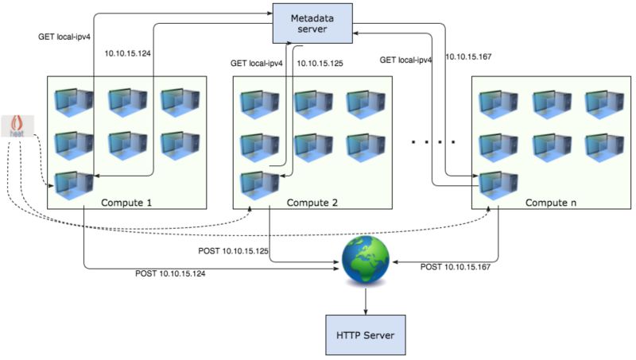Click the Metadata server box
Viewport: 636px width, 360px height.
pyautogui.click(x=312, y=23)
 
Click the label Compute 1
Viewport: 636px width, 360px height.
pyautogui.click(x=126, y=203)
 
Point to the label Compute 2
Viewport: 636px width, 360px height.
pyautogui.click(x=311, y=203)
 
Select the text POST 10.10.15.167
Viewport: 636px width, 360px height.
pyautogui.click(x=455, y=266)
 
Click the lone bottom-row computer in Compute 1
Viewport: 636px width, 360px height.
pyautogui.click(x=72, y=184)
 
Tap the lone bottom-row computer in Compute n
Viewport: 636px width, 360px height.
pyautogui.click(x=498, y=184)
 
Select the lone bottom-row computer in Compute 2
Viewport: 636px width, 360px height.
pyautogui.click(x=258, y=184)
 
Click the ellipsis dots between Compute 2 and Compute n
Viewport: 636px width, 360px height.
pyautogui.click(x=433, y=142)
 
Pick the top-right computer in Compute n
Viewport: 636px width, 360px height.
pyautogui.click(x=603, y=103)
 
